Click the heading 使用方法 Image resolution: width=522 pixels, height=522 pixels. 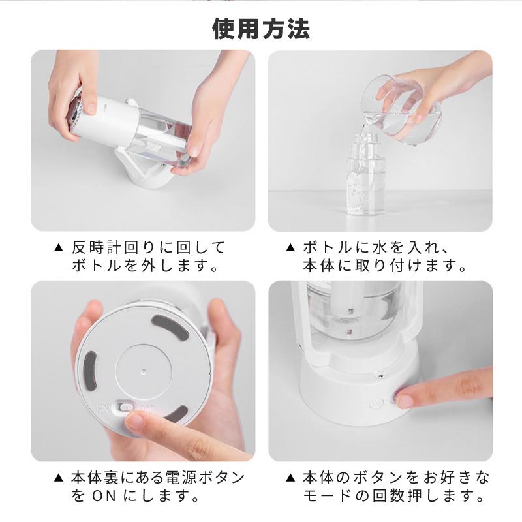pyautogui.click(x=262, y=29)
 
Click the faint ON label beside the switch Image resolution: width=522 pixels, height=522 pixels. pyautogui.click(x=102, y=407)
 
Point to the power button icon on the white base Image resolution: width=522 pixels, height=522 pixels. pyautogui.click(x=376, y=405)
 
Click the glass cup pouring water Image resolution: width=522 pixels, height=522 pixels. pyautogui.click(x=401, y=110)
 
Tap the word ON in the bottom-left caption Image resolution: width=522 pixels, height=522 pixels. pyautogui.click(x=104, y=496)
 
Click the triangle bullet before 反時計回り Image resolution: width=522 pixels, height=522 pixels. pyautogui.click(x=58, y=248)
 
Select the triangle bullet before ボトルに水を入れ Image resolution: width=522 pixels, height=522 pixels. pyautogui.click(x=290, y=248)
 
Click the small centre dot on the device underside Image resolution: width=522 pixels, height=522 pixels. pyautogui.click(x=144, y=371)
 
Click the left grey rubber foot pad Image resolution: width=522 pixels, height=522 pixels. pyautogui.click(x=89, y=371)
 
